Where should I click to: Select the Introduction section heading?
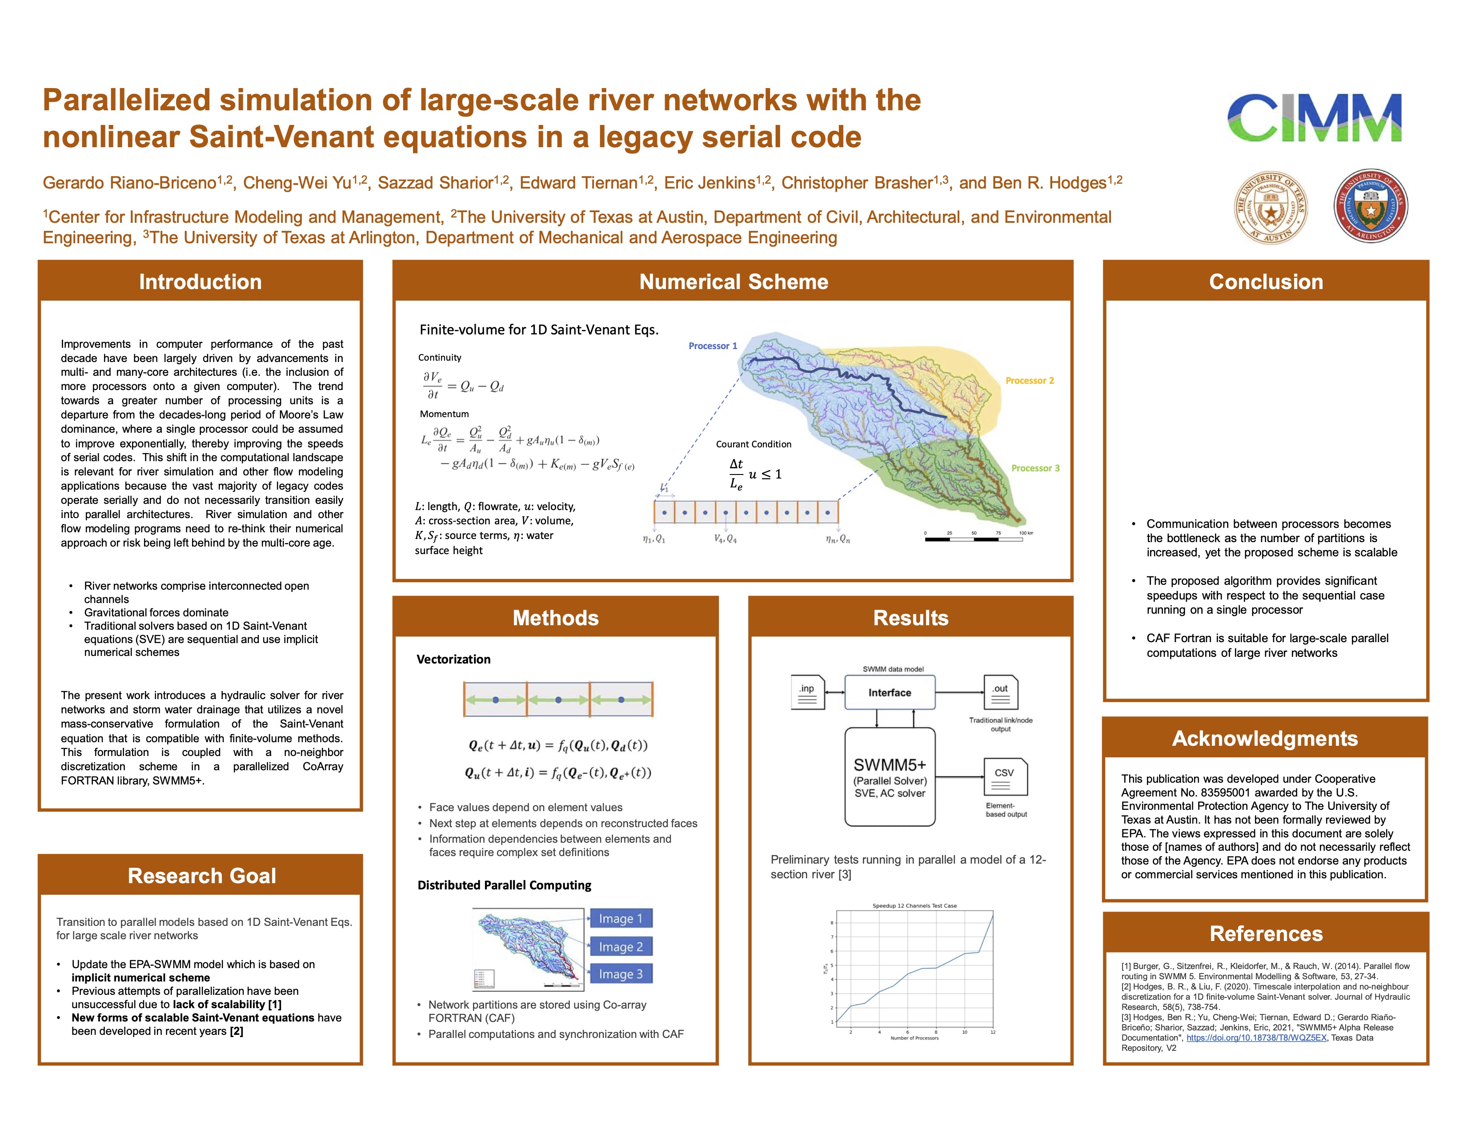point(200,281)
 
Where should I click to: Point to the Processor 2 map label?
point(1029,380)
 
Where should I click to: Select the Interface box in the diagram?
point(890,692)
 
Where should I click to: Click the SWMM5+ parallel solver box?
point(890,777)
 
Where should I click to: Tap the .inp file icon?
point(807,692)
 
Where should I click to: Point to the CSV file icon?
point(1005,776)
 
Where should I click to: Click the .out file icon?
point(1000,692)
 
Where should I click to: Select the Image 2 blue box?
point(621,947)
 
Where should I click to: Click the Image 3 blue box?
point(621,974)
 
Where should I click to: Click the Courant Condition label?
point(753,444)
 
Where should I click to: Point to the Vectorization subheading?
point(453,659)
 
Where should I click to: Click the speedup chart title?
point(914,905)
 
